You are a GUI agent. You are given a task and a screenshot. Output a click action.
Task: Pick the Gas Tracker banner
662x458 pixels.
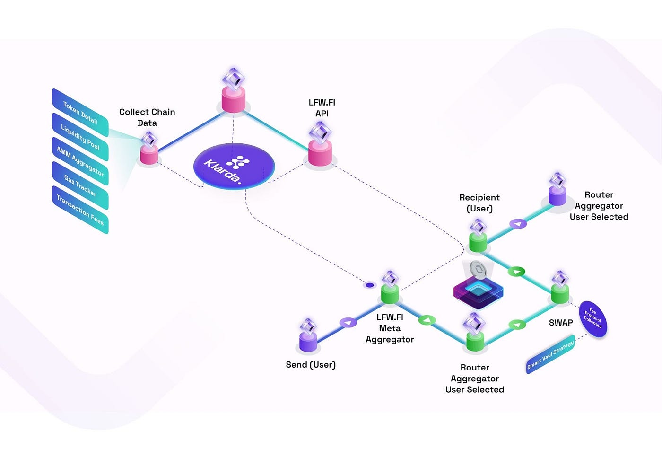80,185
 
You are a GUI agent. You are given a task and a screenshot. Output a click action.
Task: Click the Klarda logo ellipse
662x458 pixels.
234,166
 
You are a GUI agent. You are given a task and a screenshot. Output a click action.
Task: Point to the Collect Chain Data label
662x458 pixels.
147,117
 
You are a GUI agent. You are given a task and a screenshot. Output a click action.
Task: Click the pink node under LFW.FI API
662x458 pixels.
320,153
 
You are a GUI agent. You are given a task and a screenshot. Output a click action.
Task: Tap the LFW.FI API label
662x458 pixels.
322,108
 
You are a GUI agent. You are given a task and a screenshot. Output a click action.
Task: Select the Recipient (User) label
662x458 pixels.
479,203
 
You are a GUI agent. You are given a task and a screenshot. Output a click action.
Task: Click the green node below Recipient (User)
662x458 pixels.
478,243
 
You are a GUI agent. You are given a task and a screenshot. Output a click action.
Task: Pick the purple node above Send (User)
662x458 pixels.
308,342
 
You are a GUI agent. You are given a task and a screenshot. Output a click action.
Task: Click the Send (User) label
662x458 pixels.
311,365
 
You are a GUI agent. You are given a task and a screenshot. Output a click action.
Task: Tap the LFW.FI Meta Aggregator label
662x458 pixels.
390,328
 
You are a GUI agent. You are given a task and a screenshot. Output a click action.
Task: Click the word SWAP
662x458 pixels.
561,323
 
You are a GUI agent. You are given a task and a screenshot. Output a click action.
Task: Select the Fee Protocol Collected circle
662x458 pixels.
592,319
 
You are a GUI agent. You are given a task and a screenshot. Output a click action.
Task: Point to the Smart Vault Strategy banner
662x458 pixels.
551,354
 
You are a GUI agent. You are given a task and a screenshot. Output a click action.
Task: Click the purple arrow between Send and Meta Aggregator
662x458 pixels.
348,323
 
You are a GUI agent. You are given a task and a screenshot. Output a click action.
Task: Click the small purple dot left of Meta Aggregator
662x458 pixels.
370,285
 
